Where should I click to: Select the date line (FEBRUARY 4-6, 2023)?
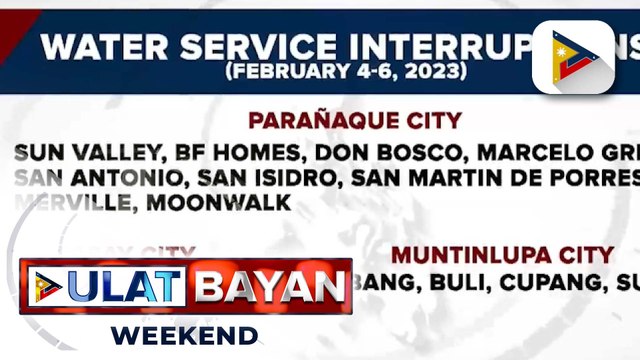[x=346, y=72]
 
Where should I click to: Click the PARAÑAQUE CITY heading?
[x=355, y=121]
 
